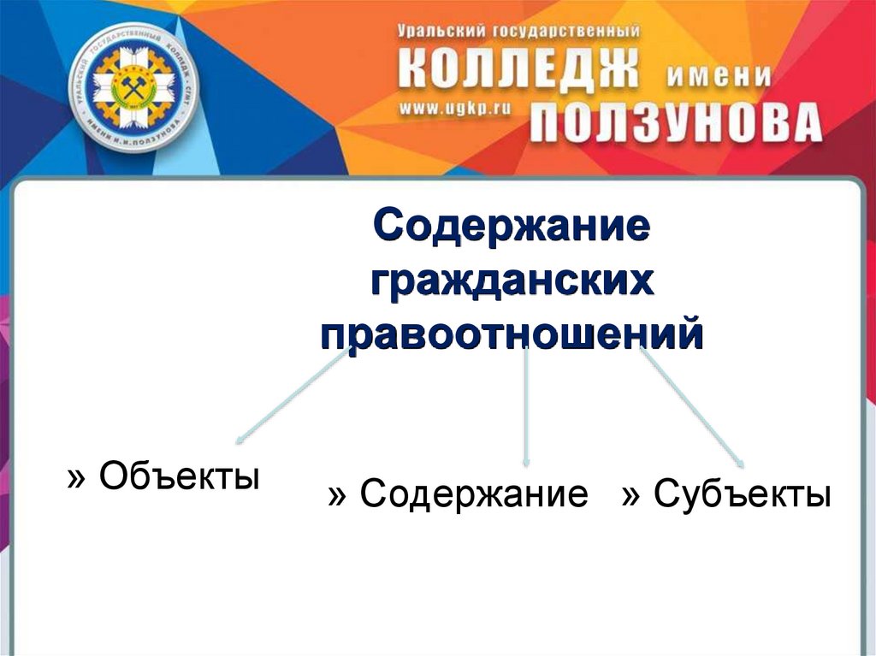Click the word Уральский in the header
pos(441,31)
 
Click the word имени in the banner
pos(718,76)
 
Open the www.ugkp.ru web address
pos(450,109)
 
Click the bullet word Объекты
pos(179,475)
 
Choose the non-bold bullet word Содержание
pos(474,495)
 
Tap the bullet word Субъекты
pos(742,495)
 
